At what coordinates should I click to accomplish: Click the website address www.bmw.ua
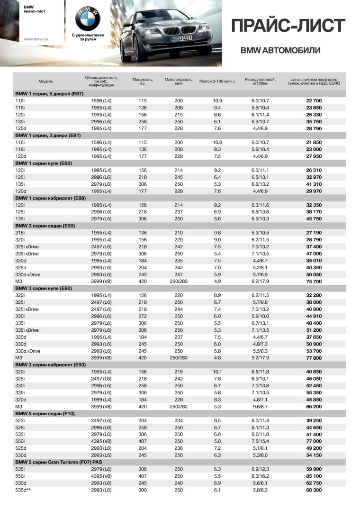34,39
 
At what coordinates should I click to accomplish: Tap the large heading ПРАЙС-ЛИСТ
288,26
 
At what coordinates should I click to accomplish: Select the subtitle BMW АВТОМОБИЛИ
280,50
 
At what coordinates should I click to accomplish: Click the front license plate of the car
181,37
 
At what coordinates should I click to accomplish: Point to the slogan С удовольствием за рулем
88,37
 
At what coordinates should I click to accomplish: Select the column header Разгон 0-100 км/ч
217,81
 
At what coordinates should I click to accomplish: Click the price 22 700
314,101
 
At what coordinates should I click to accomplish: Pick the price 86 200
314,407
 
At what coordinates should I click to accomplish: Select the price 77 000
314,441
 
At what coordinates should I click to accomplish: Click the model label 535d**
23,489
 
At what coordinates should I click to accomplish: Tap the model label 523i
20,420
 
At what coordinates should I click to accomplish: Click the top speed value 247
179,274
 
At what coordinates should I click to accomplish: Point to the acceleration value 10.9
217,101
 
